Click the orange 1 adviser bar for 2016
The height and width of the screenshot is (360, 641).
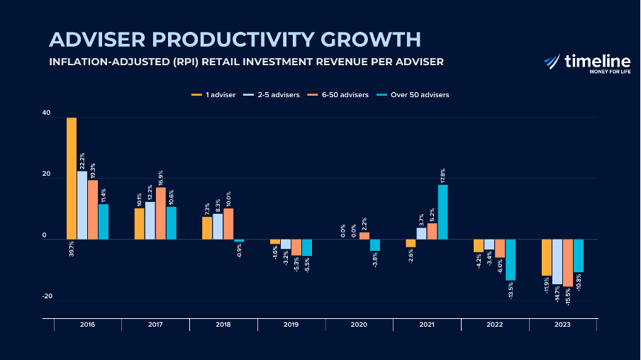72,179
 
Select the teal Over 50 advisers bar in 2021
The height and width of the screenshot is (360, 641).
442,212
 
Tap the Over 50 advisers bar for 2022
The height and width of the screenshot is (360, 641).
511,259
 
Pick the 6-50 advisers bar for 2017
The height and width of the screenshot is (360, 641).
161,213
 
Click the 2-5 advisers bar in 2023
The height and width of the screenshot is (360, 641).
557,261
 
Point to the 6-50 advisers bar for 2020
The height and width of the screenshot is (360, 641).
364,236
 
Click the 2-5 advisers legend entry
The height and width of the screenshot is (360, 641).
272,95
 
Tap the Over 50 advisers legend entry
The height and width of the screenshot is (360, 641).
414,95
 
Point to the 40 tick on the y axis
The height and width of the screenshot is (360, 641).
46,113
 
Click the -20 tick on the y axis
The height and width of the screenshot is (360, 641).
47,296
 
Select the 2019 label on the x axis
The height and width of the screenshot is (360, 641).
291,325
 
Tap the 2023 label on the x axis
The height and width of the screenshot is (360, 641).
563,325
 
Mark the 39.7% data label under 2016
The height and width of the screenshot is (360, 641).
72,249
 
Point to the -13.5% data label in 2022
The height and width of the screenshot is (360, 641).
511,291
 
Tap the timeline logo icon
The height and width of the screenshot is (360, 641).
552,62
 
